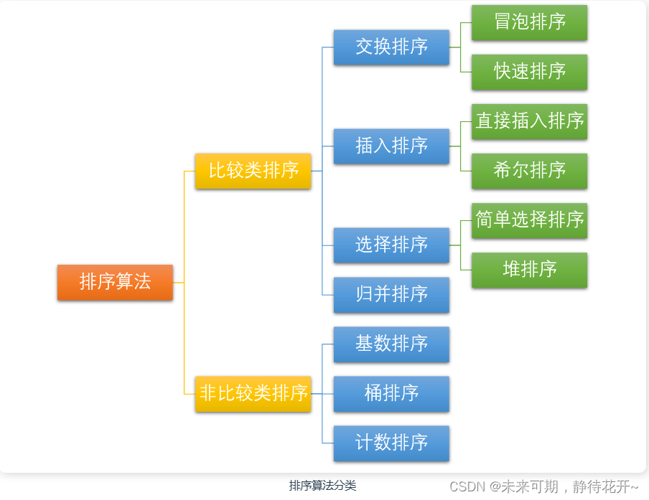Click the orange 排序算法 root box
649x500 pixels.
coord(115,282)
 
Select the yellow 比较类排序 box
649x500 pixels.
coord(253,171)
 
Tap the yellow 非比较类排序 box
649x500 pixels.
coord(253,393)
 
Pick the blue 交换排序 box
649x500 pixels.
coord(391,47)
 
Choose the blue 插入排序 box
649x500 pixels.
coord(391,146)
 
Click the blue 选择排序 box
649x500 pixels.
coord(391,245)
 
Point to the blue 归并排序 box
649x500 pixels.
coord(391,294)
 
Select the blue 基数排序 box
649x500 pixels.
coord(391,344)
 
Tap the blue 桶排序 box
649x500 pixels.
coord(391,393)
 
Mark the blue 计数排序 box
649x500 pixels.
coord(391,443)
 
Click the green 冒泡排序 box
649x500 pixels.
coord(529,22)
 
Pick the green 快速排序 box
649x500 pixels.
coord(529,72)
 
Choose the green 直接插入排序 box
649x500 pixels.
coord(529,121)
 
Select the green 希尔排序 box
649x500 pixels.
coord(529,171)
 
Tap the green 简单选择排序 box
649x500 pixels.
coord(529,220)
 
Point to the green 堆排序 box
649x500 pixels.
coord(529,270)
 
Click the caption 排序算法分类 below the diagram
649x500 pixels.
coord(322,486)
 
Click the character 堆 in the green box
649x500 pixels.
coord(512,270)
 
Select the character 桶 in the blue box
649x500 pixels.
coord(373,393)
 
